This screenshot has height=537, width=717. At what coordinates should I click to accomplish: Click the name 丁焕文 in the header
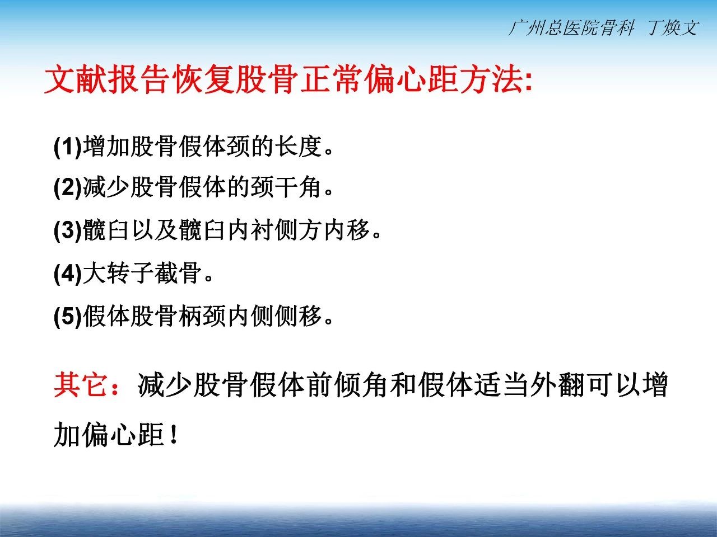coord(673,27)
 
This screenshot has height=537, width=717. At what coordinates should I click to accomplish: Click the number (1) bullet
coord(68,147)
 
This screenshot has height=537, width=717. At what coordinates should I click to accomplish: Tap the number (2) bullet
coord(68,187)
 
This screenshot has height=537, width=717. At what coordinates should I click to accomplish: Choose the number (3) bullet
coord(68,230)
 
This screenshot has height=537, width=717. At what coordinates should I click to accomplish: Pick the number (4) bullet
coord(68,273)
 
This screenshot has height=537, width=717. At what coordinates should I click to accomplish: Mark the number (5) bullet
coord(68,315)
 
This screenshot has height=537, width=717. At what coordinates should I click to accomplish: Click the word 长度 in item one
coord(298,146)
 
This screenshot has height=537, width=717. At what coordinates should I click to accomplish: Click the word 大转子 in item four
coord(118,272)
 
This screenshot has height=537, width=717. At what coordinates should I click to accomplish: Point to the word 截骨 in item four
coord(178,272)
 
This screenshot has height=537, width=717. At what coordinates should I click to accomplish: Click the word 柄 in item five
coord(190,315)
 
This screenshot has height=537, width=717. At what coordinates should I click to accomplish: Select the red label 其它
coord(81,385)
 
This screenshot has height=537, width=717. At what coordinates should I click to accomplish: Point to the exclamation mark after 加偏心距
coord(174,434)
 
